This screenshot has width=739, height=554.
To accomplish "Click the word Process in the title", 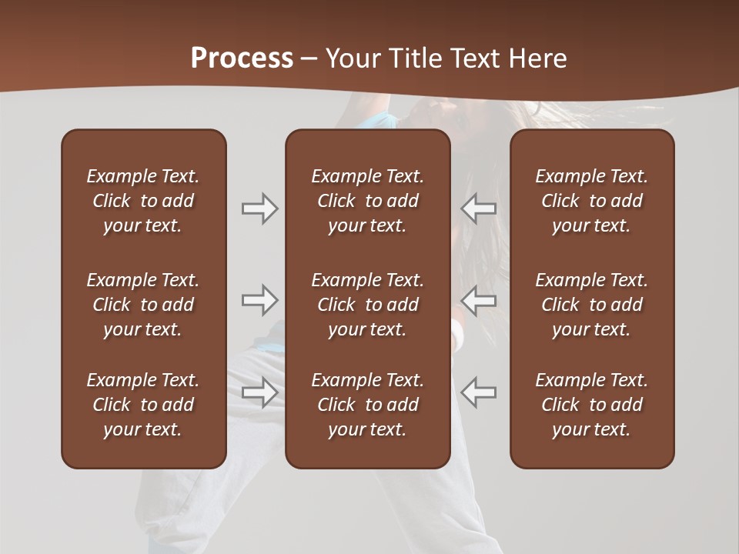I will pos(242,58).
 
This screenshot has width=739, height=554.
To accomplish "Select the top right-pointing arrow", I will pos(260,209).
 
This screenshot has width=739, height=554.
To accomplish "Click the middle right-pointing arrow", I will pos(260,300).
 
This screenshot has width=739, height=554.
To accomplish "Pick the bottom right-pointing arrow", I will pos(260,392).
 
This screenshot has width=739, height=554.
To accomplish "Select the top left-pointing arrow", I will pos(479,209).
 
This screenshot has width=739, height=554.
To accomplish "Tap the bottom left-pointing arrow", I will pos(479,392).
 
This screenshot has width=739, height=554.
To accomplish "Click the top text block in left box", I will pos(143,201).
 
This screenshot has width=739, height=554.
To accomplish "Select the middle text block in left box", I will pos(143,305).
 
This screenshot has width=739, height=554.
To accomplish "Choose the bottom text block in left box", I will pos(143,405).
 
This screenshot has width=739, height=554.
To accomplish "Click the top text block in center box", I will pos(368,201).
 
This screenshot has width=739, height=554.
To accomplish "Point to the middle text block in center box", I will pos(368,305).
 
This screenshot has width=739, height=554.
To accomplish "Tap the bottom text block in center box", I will pos(368,405).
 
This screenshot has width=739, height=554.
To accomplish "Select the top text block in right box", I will pos(592,201).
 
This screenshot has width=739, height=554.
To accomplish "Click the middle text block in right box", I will pos(592,305).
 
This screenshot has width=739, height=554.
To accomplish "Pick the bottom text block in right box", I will pos(592,405).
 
